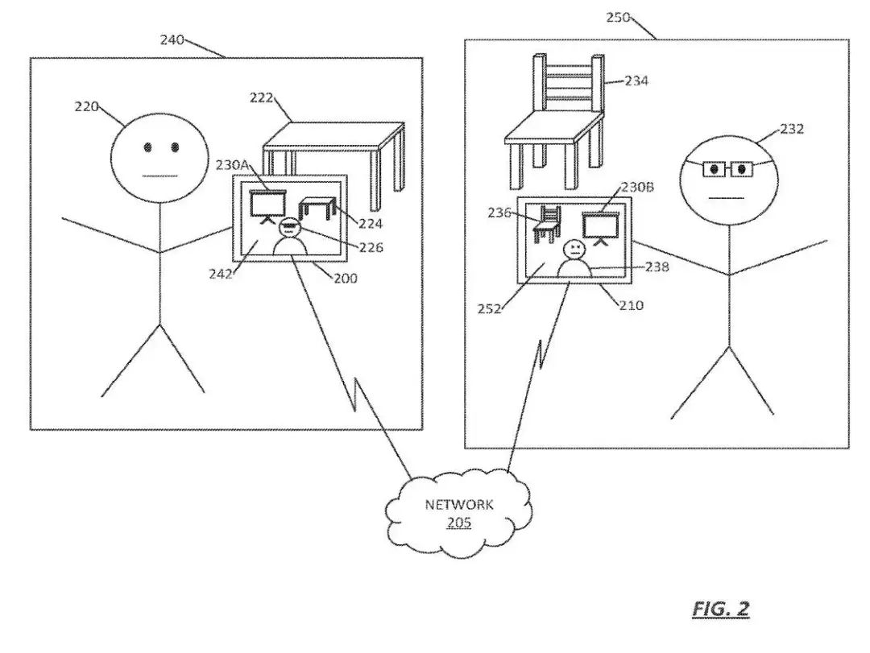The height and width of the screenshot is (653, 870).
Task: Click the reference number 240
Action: coord(172,39)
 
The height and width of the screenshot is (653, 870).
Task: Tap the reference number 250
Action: coord(618,17)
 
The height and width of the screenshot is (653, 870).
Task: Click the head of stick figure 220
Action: coord(160,155)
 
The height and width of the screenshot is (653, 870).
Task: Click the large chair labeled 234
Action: coord(556,121)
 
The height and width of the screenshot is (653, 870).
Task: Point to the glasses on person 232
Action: coord(727,169)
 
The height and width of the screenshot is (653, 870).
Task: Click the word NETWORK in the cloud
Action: coord(459,506)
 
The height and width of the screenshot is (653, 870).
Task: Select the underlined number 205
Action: coord(459,523)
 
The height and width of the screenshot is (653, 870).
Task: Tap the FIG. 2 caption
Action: coord(720,609)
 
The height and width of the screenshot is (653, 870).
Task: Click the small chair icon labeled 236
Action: coord(547,224)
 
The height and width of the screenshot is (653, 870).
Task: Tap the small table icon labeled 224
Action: coord(317,209)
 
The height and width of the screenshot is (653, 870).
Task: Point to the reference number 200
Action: coord(346,279)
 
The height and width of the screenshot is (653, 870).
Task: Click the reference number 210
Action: coord(632,305)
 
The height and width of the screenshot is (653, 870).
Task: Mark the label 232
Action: coord(792,128)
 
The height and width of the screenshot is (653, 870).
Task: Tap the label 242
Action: coord(219,274)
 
